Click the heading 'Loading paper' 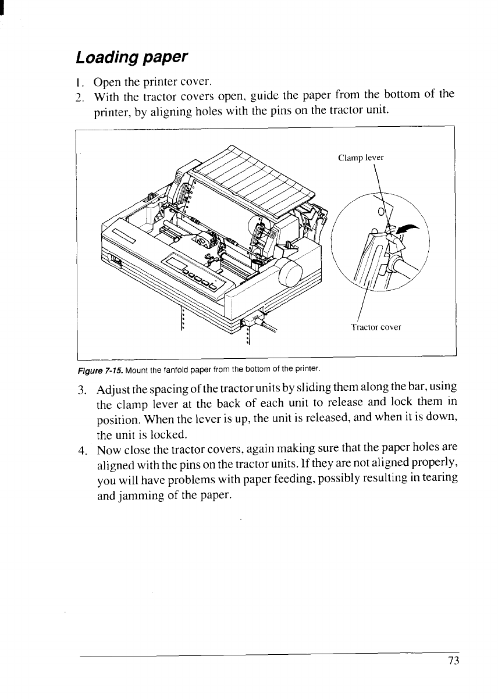click(132, 58)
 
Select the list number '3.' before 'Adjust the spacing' click(82, 388)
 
